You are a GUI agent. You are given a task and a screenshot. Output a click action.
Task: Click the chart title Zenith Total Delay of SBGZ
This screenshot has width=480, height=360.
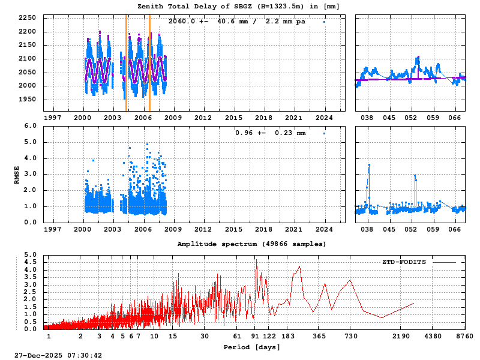[x=238, y=6]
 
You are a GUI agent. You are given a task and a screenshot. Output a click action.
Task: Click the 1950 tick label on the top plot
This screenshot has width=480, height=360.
[x=27, y=99]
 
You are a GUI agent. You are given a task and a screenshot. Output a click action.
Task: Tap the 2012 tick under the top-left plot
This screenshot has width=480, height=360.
[x=203, y=118]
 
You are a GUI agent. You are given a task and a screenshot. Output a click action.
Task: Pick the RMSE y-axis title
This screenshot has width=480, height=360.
[x=17, y=174]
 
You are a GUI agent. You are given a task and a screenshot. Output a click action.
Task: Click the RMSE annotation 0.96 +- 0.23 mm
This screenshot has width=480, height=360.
[x=270, y=133]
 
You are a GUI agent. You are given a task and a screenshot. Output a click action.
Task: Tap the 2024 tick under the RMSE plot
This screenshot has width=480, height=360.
[x=325, y=229]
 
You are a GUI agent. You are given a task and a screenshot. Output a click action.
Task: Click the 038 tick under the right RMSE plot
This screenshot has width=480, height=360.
[x=367, y=229]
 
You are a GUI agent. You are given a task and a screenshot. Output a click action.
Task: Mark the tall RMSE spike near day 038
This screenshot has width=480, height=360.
[x=369, y=164]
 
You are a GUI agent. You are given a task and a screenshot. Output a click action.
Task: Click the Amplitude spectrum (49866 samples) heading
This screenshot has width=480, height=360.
[x=251, y=244]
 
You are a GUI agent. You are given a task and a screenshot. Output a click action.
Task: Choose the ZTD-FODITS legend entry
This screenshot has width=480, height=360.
[x=404, y=262]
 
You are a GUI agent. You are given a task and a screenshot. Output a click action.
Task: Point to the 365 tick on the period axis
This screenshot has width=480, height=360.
[x=320, y=337]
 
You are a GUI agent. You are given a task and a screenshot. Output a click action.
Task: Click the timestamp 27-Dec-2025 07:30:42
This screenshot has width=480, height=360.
[x=58, y=355]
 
